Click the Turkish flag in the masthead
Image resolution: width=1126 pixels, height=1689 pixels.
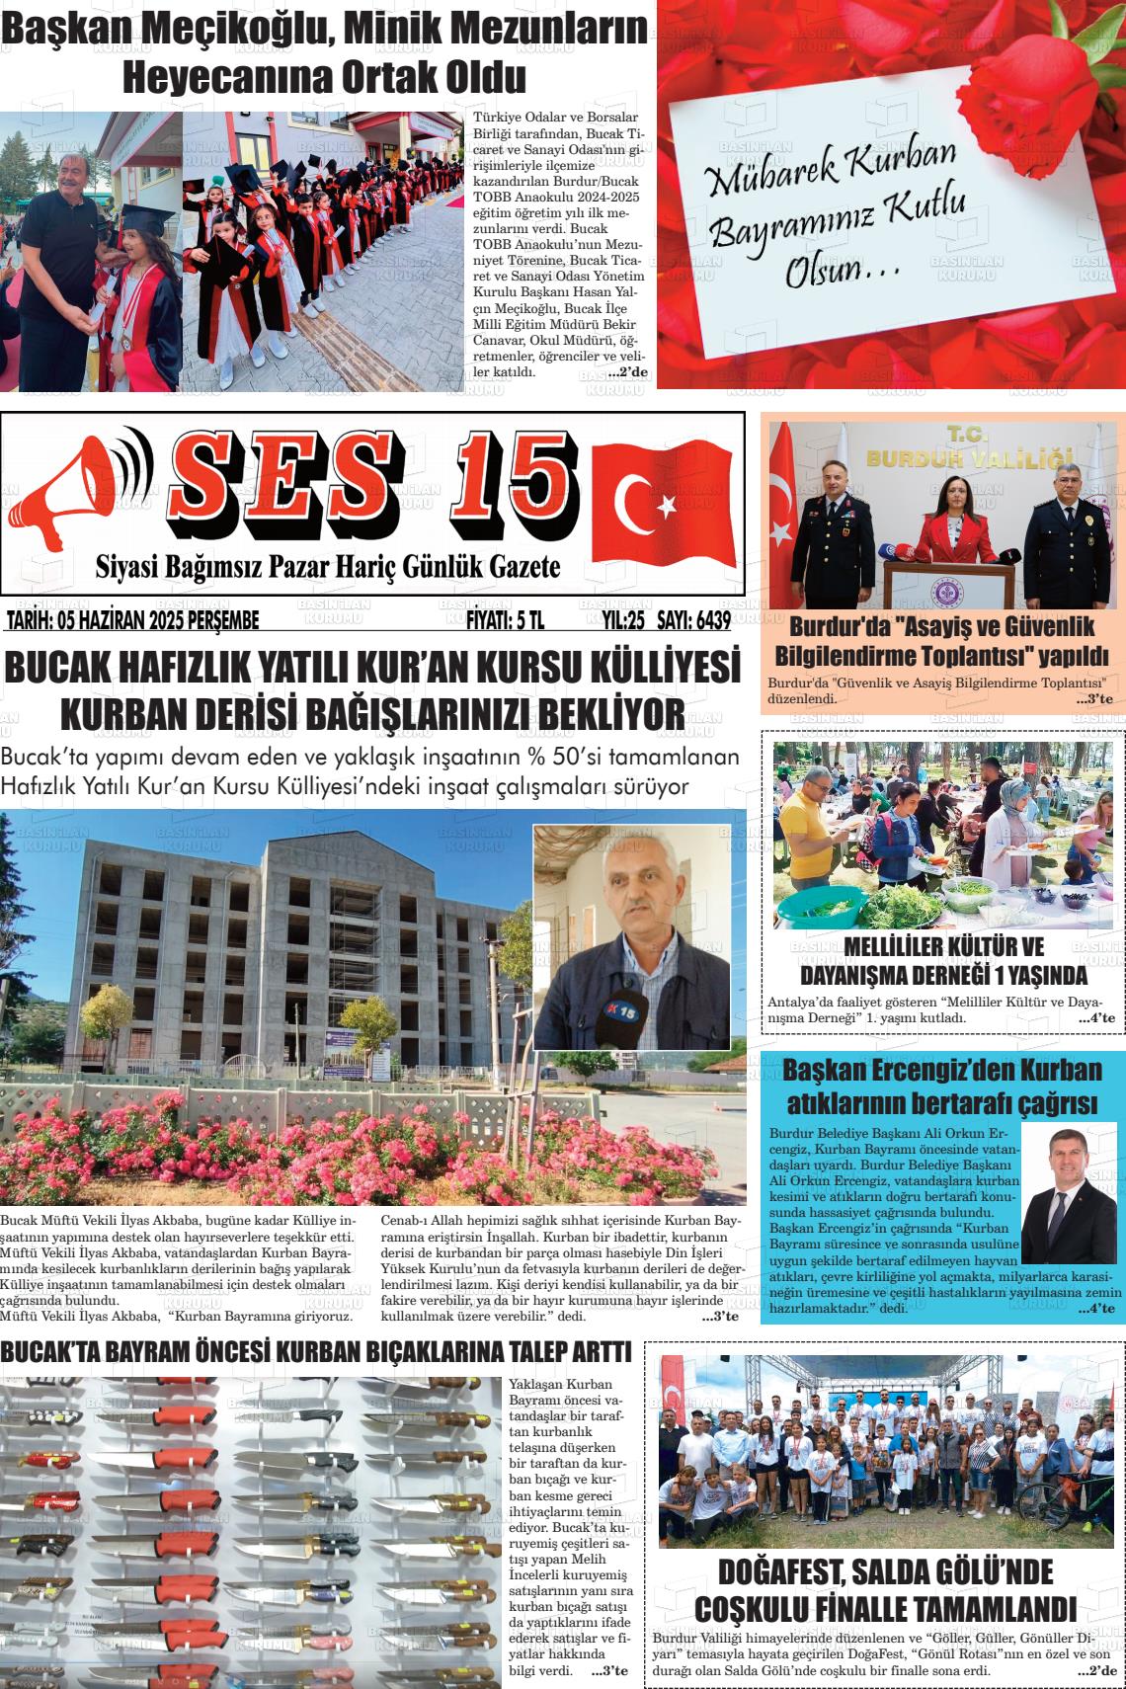(661, 499)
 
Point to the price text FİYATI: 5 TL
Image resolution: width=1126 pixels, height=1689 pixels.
(505, 620)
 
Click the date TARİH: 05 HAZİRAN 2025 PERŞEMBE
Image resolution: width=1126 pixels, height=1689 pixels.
(132, 620)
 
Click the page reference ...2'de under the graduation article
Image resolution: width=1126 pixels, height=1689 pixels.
(627, 372)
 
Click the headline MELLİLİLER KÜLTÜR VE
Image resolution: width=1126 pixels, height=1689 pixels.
(943, 946)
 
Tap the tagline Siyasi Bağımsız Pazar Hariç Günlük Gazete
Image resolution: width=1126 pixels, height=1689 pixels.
(327, 567)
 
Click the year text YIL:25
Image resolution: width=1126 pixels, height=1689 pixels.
(623, 620)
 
